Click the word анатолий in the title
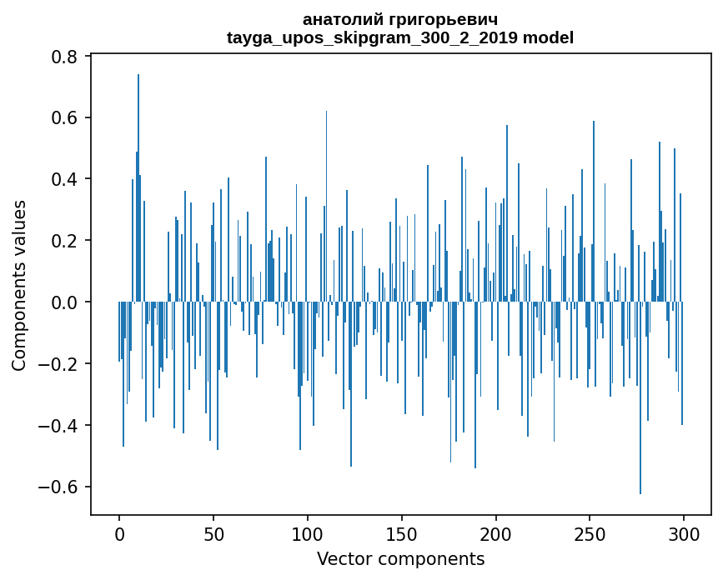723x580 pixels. (x=344, y=19)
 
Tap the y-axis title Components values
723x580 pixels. (x=19, y=286)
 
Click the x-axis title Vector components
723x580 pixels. (x=400, y=558)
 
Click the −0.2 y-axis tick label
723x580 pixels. (x=61, y=364)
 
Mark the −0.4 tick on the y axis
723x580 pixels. (x=61, y=426)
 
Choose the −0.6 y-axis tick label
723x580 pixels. (x=61, y=487)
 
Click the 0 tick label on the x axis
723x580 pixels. (x=119, y=533)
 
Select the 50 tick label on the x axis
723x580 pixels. (x=213, y=533)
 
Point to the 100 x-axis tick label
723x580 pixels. (x=308, y=533)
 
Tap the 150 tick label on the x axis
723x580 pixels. (x=402, y=533)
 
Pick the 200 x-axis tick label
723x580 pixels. (x=496, y=533)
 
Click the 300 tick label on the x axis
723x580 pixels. (x=684, y=533)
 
